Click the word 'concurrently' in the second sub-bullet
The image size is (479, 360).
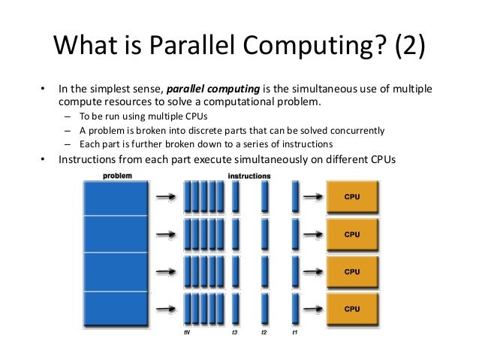(354, 130)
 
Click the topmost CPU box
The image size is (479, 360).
(351, 197)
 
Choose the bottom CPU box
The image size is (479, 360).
(351, 308)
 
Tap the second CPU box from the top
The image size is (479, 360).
(351, 234)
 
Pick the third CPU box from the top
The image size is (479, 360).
(351, 271)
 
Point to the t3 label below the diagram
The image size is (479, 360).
(236, 332)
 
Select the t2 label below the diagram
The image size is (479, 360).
(264, 332)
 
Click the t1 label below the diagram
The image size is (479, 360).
(294, 332)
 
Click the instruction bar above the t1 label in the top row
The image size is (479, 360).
(294, 198)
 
